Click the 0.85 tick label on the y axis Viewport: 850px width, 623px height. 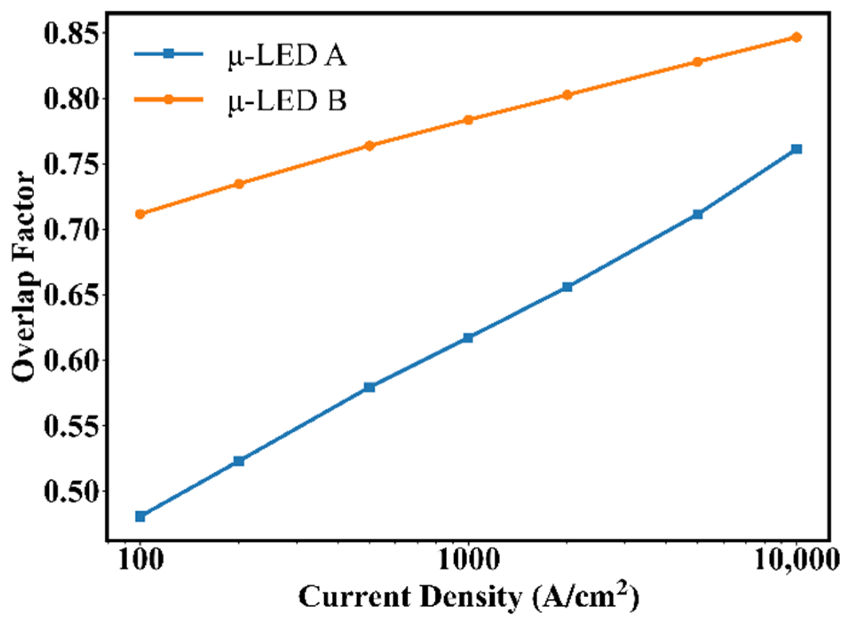click(x=70, y=34)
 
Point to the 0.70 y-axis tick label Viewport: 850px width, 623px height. click(x=70, y=230)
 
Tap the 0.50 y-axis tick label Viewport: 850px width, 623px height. click(x=70, y=492)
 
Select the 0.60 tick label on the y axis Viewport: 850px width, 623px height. click(x=70, y=361)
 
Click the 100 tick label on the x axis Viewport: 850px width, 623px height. click(x=140, y=560)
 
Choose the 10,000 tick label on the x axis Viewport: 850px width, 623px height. click(x=795, y=560)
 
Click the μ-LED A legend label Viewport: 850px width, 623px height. click(x=287, y=56)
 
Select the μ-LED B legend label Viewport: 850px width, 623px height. click(x=287, y=101)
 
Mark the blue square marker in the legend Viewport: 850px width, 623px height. click(x=169, y=54)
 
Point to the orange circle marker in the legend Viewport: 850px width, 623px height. click(x=169, y=99)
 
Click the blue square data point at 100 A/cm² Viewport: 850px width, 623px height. click(x=140, y=516)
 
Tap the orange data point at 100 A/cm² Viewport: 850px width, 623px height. click(x=140, y=214)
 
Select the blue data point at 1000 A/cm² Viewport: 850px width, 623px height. click(x=468, y=338)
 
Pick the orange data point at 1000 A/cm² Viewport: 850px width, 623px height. click(x=468, y=120)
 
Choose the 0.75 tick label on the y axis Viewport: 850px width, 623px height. click(x=70, y=165)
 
